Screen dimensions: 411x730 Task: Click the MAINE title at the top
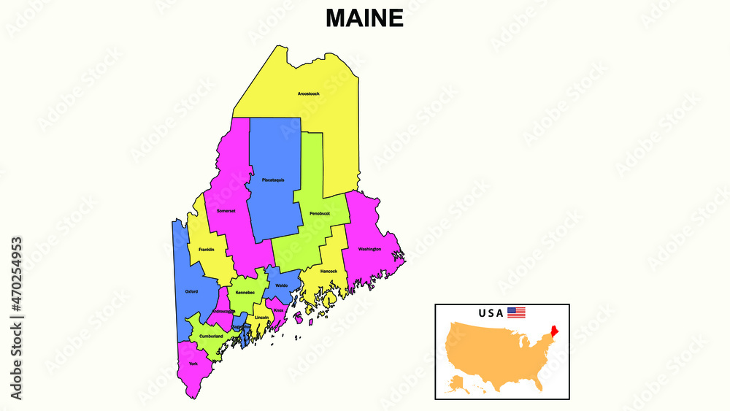pyautogui.click(x=364, y=18)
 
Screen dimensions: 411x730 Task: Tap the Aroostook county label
pyautogui.click(x=308, y=94)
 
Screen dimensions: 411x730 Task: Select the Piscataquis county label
pyautogui.click(x=273, y=180)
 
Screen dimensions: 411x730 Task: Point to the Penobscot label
pyautogui.click(x=320, y=213)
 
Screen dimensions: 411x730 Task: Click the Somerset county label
pyautogui.click(x=226, y=211)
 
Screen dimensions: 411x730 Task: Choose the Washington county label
pyautogui.click(x=369, y=249)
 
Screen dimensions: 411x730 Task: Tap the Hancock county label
pyautogui.click(x=328, y=272)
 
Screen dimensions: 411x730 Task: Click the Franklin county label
pyautogui.click(x=206, y=250)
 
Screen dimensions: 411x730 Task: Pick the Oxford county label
pyautogui.click(x=191, y=291)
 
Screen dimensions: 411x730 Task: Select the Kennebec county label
pyautogui.click(x=245, y=293)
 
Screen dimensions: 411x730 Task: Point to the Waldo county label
pyautogui.click(x=282, y=285)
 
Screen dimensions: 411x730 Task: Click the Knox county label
pyautogui.click(x=278, y=310)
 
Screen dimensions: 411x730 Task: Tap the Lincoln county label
pyautogui.click(x=262, y=318)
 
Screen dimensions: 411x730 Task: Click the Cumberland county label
pyautogui.click(x=211, y=336)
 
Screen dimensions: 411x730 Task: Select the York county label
pyautogui.click(x=193, y=364)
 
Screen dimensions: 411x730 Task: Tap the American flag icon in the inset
pyautogui.click(x=516, y=313)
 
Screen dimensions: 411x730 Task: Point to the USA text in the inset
pyautogui.click(x=491, y=313)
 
